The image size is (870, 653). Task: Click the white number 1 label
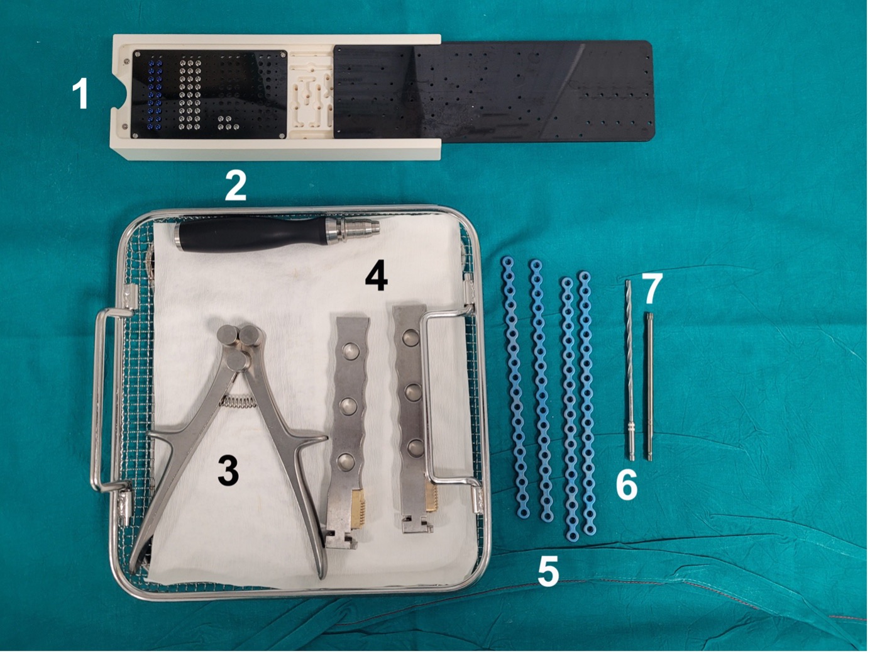[x=80, y=94]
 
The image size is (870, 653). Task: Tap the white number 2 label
[x=236, y=186]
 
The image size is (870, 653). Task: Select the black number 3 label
[x=228, y=471]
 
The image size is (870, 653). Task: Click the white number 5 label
[x=548, y=572]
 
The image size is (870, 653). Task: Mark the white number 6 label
[x=626, y=484]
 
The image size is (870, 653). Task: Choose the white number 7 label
[x=652, y=289]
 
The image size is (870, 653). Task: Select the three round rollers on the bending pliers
[x=240, y=344]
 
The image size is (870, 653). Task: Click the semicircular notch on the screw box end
[x=120, y=94]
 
